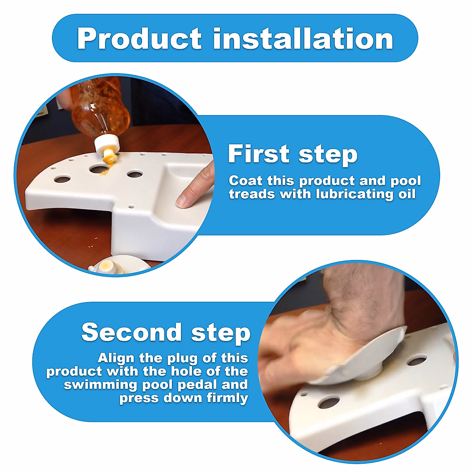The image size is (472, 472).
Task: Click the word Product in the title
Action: coord(140,39)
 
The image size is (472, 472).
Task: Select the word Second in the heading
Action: coord(131,332)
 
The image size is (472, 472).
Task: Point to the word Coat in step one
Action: coord(245,181)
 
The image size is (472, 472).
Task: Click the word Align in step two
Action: coord(116,358)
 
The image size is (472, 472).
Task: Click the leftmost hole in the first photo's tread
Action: coord(62,179)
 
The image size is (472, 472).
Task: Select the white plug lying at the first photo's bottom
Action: coord(118,264)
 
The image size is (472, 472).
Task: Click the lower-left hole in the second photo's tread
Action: coord(329,402)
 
